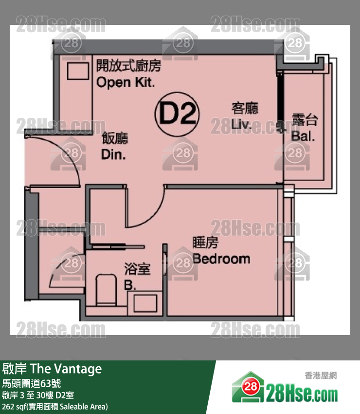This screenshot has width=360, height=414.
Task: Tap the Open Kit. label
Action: pyautogui.click(x=126, y=82)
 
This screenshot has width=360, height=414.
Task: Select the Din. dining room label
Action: pyautogui.click(x=113, y=154)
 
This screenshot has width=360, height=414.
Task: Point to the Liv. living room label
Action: pyautogui.click(x=241, y=124)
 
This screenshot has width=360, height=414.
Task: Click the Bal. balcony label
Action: pyautogui.click(x=303, y=136)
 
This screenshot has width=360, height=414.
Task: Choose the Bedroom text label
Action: pyautogui.click(x=221, y=259)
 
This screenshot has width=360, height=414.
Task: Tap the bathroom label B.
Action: pyautogui.click(x=130, y=285)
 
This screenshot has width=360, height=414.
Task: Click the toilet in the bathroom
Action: pyautogui.click(x=106, y=290)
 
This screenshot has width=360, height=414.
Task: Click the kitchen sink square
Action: pyautogui.click(x=78, y=71)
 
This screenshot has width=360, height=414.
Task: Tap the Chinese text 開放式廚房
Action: pyautogui.click(x=129, y=65)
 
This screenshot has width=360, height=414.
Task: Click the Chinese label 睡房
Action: pyautogui.click(x=205, y=243)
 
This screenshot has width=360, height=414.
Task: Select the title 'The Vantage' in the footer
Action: pyautogui.click(x=66, y=369)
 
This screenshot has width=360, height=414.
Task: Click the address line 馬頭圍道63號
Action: pyautogui.click(x=32, y=383)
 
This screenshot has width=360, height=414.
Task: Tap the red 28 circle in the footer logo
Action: pyautogui.click(x=251, y=387)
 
